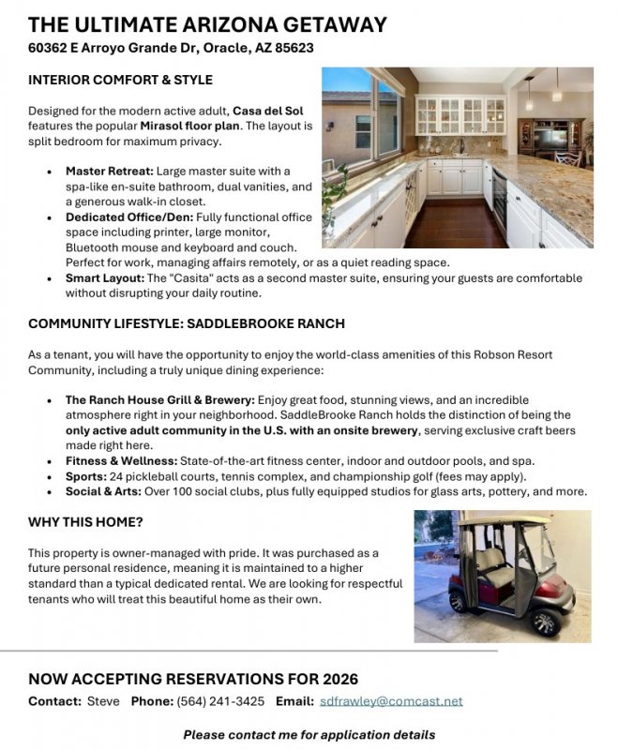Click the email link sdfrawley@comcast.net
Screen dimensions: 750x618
tap(391, 701)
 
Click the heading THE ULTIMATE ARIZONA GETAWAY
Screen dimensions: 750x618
tap(207, 25)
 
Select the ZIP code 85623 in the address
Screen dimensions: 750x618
tap(294, 48)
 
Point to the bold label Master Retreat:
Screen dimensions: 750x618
tap(110, 172)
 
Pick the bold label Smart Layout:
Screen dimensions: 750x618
tap(104, 278)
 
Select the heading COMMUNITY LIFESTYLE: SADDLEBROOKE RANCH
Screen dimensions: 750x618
tap(187, 324)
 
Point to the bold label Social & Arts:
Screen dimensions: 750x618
tap(109, 491)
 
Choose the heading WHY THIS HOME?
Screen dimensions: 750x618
tap(85, 522)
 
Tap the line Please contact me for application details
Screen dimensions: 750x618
tap(309, 734)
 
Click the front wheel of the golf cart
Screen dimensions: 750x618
tap(544, 622)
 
